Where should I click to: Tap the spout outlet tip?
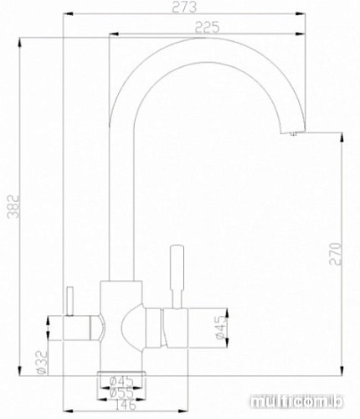293,132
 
